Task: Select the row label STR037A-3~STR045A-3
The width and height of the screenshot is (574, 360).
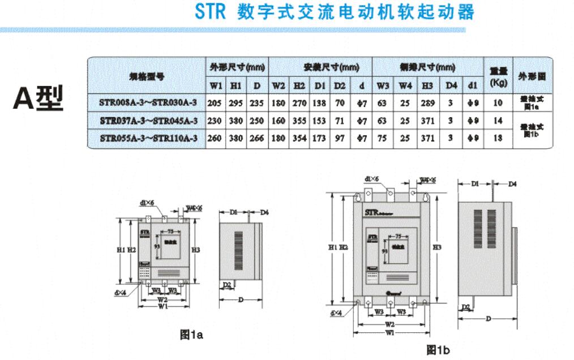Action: click(x=148, y=121)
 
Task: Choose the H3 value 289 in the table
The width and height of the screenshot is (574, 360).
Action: click(x=427, y=104)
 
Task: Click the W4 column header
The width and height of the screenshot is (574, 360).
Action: click(x=404, y=85)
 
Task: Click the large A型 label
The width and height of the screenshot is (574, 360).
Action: click(x=38, y=100)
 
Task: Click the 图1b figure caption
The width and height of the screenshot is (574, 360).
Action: click(x=438, y=350)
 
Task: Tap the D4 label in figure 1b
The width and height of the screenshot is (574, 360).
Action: click(x=512, y=184)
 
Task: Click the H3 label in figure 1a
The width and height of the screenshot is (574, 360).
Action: click(x=196, y=250)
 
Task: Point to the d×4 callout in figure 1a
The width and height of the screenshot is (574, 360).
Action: click(x=120, y=292)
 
